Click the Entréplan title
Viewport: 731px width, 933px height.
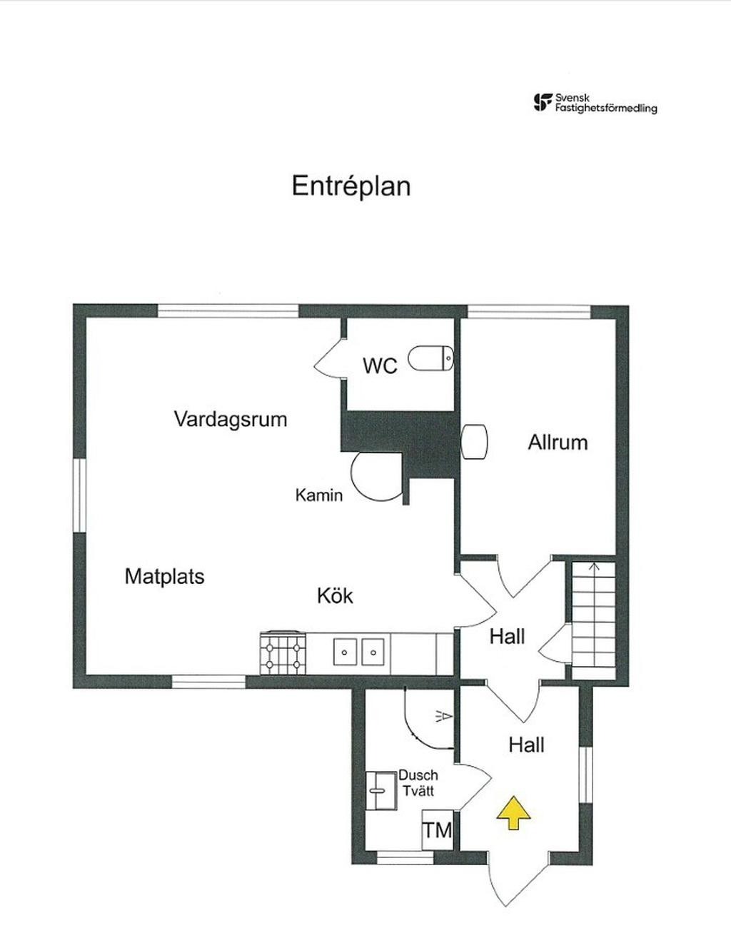[x=351, y=186]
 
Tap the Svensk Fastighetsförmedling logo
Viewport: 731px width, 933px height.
[x=595, y=104]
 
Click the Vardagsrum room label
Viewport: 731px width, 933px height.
[x=230, y=418]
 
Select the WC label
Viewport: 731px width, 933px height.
[x=379, y=365]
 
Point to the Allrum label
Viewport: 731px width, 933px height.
[x=558, y=442]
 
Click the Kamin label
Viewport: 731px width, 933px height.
[x=318, y=495]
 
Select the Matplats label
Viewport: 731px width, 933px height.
[x=164, y=576]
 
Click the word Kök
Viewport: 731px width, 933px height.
[x=335, y=595]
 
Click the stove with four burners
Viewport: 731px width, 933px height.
[x=284, y=652]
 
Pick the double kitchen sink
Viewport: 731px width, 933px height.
[x=359, y=652]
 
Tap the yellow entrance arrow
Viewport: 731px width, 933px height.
[x=513, y=814]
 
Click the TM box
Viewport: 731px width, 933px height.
[x=437, y=829]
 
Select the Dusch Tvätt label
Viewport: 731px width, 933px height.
[x=418, y=782]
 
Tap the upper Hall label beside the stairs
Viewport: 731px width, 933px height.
[x=507, y=636]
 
